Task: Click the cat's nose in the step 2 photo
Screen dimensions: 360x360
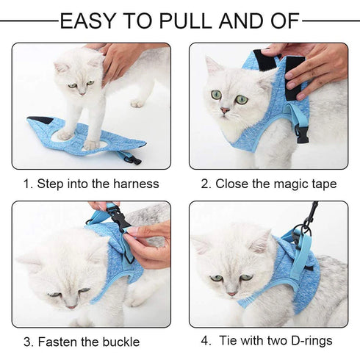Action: (x=226, y=110)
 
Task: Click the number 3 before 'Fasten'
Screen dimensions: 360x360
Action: (x=27, y=342)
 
